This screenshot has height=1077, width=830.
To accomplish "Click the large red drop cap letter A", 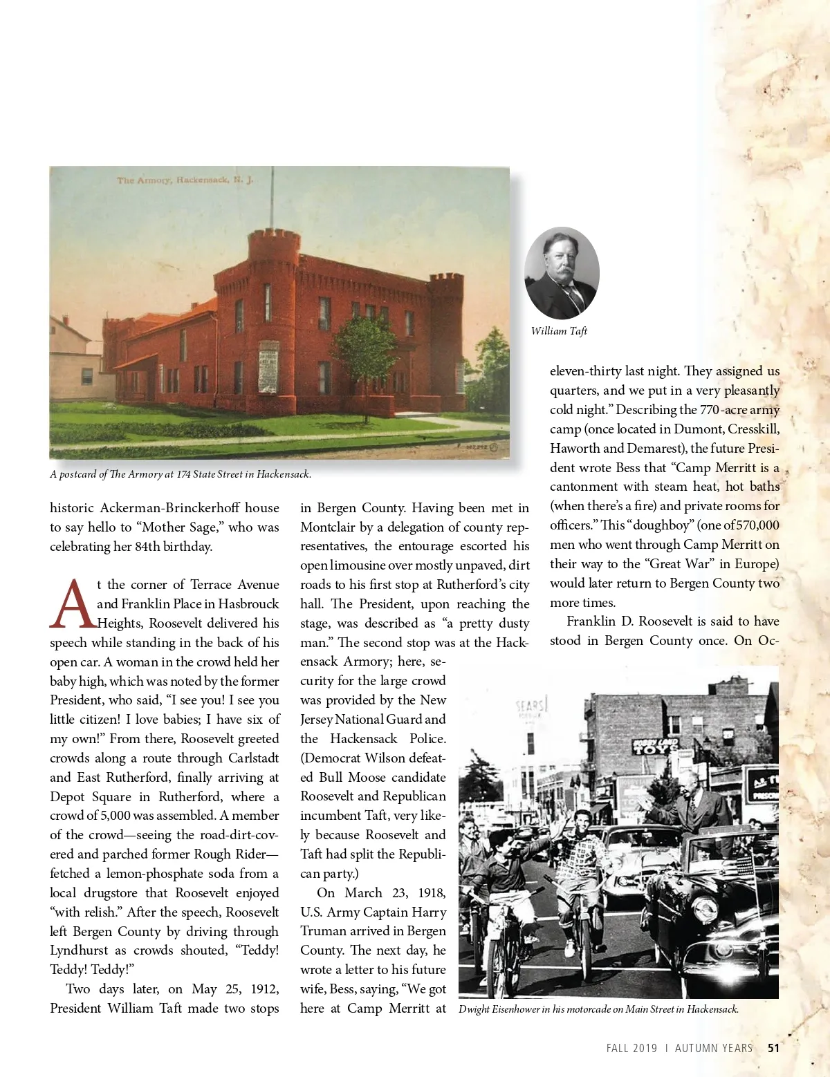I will click(x=72, y=603).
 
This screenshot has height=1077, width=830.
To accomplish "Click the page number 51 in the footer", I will click(x=773, y=1048).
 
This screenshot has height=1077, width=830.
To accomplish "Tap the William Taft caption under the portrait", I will click(x=559, y=331).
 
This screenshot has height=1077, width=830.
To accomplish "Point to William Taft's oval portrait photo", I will click(x=562, y=272).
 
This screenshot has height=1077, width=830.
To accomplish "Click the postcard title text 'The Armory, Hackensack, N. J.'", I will click(x=185, y=180).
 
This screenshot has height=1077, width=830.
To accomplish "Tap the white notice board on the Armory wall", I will click(x=268, y=366).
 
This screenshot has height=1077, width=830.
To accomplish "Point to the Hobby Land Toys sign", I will click(x=654, y=747).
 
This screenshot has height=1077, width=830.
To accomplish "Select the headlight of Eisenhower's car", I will click(x=704, y=909).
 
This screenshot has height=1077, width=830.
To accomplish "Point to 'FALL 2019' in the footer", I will click(x=631, y=1048).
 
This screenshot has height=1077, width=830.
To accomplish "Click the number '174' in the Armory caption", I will click(x=183, y=474).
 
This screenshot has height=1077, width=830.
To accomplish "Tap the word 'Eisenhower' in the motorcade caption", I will click(x=516, y=1009).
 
